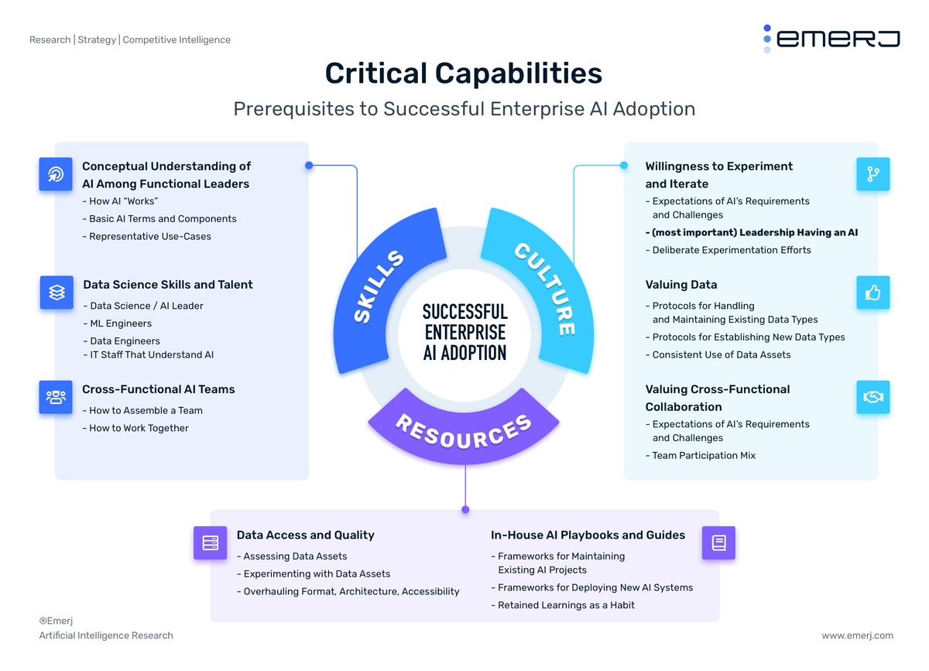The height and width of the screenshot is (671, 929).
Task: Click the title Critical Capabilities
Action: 463,74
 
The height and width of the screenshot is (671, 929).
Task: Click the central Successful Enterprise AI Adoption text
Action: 464,332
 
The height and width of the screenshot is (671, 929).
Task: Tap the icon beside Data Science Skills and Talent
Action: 57,293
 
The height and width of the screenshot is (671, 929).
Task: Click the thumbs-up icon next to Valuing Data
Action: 873,293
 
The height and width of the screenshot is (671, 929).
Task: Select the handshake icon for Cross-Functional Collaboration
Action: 873,397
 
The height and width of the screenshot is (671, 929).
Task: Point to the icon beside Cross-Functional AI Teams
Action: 57,397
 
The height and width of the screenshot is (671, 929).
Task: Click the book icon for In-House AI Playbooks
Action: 718,543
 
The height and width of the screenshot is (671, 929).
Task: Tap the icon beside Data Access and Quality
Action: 210,543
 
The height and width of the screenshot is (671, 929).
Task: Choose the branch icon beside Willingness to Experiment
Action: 873,174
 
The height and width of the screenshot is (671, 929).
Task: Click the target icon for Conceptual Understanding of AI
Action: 57,174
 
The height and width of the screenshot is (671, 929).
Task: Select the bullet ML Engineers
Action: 121,324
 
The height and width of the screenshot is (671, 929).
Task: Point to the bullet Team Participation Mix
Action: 704,456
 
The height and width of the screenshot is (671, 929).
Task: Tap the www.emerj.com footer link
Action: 857,635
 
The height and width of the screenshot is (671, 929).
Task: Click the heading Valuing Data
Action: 681,285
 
